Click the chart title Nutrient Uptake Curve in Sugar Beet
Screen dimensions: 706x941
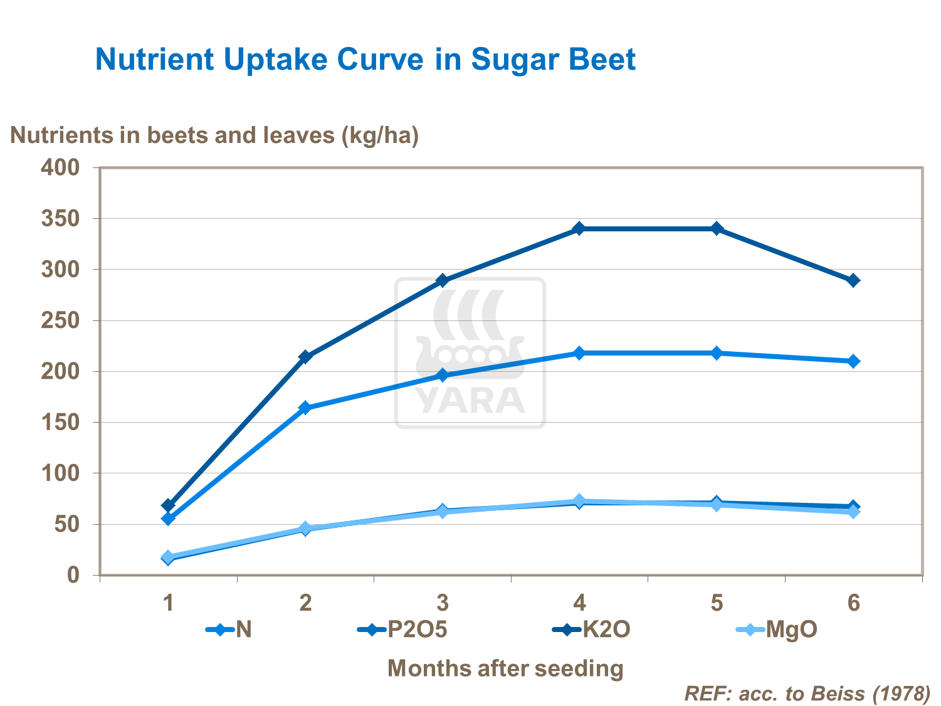click(365, 60)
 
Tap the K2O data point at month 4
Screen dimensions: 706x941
click(579, 228)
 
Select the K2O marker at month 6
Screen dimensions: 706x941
click(853, 280)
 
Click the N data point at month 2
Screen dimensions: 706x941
click(305, 408)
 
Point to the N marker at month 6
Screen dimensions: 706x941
click(853, 361)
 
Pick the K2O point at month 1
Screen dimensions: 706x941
click(168, 505)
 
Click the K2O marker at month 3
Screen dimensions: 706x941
click(443, 280)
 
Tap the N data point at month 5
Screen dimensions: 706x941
click(717, 353)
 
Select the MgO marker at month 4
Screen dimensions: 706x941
click(579, 501)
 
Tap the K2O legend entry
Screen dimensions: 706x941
click(592, 629)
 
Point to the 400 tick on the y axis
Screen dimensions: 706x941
click(60, 167)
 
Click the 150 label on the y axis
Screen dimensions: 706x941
click(60, 422)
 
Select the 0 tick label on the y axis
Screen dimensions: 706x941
click(74, 575)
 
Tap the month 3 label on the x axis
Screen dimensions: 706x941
click(443, 603)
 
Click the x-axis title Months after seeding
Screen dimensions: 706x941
click(505, 668)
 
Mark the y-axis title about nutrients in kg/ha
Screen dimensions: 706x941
click(214, 135)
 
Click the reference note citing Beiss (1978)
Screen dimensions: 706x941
click(807, 693)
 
